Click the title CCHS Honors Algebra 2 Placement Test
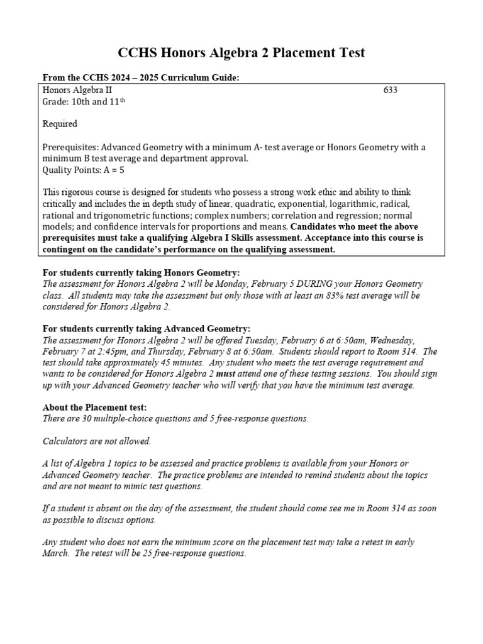click(241, 53)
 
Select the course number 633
click(391, 91)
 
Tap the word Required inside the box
click(60, 124)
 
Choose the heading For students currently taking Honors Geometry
click(141, 272)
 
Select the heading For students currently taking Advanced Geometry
click(146, 328)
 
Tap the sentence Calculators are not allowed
click(97, 441)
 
